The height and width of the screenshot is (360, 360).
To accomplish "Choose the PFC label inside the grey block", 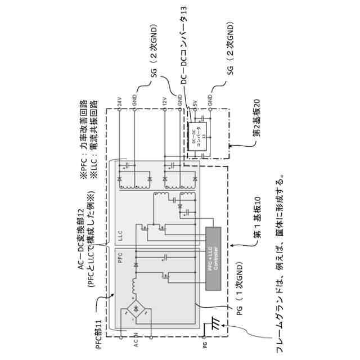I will pyautogui.click(x=120, y=258).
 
